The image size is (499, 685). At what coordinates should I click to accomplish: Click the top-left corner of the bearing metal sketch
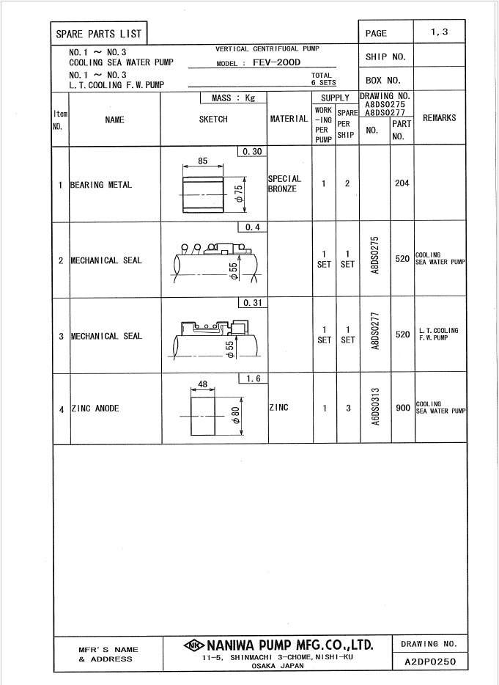pos(183,177)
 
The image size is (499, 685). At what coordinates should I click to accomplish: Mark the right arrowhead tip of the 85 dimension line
pos(223,166)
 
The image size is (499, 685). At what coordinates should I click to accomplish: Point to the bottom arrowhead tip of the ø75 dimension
pos(245,213)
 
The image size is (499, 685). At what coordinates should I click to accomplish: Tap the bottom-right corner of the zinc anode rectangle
pos(215,435)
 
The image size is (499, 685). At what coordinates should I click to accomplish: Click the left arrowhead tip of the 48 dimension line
pos(191,389)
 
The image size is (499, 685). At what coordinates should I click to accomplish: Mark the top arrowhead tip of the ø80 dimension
pos(241,397)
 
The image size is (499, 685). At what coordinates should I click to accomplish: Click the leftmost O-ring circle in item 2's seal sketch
pos(185,247)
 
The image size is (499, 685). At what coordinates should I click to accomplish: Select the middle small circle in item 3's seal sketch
pos(206,326)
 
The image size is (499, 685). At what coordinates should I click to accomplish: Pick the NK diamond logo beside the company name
pos(194,645)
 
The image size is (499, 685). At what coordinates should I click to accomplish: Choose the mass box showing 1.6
pos(254,378)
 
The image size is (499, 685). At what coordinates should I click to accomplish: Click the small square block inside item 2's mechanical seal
pos(224,252)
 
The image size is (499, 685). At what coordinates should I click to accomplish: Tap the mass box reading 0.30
pos(252,152)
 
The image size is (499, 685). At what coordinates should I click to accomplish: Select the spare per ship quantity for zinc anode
pos(348,409)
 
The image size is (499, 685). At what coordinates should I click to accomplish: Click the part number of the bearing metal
pos(402,183)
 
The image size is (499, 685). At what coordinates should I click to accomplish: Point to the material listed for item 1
pos(284,184)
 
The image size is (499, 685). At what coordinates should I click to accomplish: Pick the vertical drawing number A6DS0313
pos(375,406)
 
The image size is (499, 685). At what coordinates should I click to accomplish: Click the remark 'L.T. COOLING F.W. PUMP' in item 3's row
pos(438,334)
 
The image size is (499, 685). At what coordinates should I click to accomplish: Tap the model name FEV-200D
pos(277,62)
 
